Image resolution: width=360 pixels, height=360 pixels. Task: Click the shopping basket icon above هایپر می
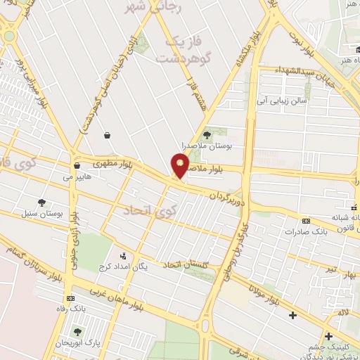coord(76,166)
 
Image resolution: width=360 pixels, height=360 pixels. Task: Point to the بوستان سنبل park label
coord(50,212)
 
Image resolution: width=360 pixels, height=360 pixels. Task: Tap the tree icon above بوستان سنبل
coord(44,202)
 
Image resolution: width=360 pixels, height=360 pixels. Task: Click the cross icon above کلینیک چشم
coord(328,336)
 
